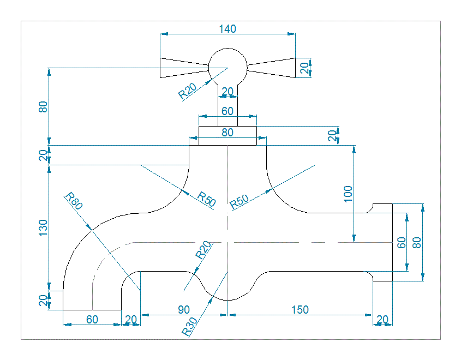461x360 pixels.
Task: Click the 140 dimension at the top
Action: [x=227, y=29]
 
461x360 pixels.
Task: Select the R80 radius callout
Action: [x=73, y=201]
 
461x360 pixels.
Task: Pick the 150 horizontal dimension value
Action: [x=300, y=309]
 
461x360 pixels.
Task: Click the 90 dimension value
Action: [x=184, y=309]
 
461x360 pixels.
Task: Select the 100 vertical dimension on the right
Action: [x=349, y=194]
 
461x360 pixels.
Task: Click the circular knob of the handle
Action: [x=227, y=67]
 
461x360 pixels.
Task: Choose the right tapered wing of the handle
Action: [x=273, y=68]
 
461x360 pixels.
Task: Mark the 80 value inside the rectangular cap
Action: [x=227, y=132]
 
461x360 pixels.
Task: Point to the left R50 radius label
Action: [x=207, y=199]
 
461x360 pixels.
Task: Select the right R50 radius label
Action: [x=239, y=202]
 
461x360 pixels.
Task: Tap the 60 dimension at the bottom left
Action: [x=92, y=319]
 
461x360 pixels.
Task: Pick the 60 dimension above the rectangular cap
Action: [x=227, y=111]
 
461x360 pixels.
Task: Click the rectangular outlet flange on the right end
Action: [x=383, y=242]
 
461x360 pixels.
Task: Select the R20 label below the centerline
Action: [x=203, y=250]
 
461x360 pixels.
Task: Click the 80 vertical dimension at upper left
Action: [x=44, y=106]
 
